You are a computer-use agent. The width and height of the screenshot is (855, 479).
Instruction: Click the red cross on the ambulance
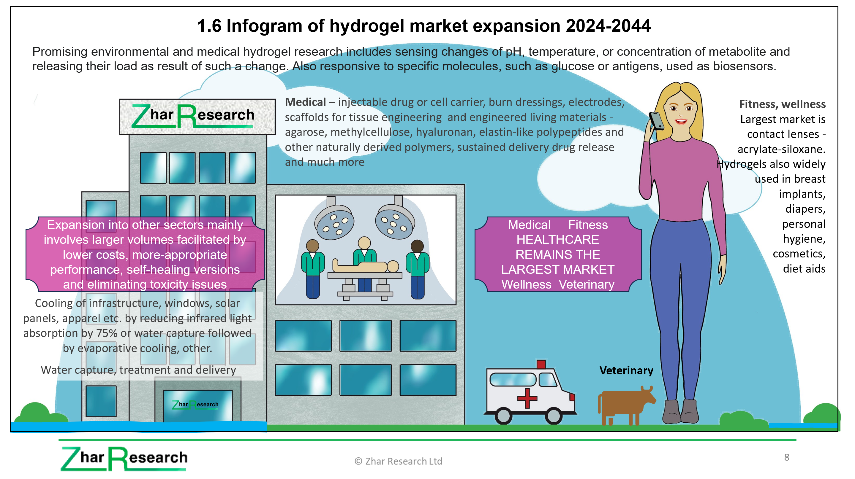[x=527, y=398]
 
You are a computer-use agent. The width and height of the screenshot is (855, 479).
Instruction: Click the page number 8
[x=787, y=457]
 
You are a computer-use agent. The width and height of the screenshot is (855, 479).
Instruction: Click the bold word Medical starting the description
[x=305, y=102]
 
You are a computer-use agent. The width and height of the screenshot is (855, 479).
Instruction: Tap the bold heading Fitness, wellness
[x=782, y=104]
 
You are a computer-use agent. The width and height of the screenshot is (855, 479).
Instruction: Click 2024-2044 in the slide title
[x=608, y=26]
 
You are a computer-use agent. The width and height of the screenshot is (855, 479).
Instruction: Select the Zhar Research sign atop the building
[x=197, y=117]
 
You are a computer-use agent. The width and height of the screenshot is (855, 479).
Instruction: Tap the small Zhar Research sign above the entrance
[x=195, y=405]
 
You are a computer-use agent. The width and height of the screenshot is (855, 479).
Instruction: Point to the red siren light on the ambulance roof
[x=541, y=364]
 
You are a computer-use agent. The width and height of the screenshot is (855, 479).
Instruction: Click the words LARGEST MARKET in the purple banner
[x=558, y=270]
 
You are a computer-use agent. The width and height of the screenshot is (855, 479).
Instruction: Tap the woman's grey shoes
[x=680, y=411]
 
